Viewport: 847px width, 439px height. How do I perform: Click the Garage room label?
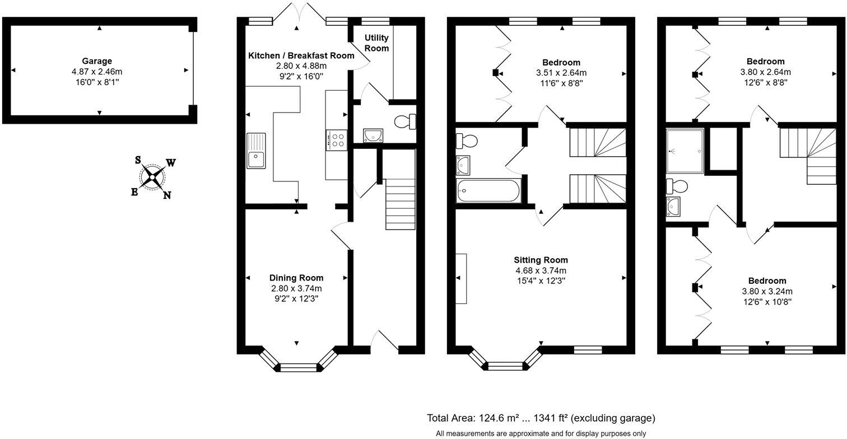click(x=97, y=61)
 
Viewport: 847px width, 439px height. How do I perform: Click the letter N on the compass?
click(x=167, y=195)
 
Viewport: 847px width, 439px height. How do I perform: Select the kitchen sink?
click(x=256, y=151)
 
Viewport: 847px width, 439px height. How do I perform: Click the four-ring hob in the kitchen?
click(x=337, y=140)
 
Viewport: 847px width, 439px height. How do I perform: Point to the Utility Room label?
click(x=377, y=43)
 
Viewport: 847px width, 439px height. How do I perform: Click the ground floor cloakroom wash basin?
click(x=371, y=135)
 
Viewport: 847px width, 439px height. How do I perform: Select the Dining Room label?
click(x=296, y=278)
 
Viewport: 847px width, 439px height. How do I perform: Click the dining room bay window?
click(x=297, y=367)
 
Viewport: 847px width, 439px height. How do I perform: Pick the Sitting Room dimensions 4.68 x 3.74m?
click(x=541, y=270)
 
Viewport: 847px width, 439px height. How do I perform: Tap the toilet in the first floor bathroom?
click(x=466, y=140)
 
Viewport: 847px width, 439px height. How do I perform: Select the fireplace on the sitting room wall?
click(x=460, y=278)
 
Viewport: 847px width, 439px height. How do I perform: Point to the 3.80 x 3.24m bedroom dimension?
click(x=767, y=291)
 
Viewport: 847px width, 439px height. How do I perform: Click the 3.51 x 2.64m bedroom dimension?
click(x=561, y=73)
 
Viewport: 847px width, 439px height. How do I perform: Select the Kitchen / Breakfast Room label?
click(x=301, y=55)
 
